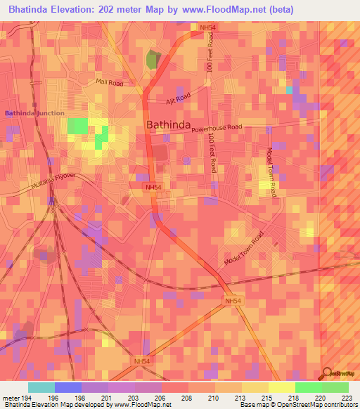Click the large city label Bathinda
click(x=169, y=125)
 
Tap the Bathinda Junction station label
click(x=34, y=113)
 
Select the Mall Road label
click(x=109, y=83)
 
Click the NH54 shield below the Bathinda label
click(x=153, y=188)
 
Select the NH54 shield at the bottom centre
click(x=142, y=361)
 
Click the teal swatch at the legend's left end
click(x=41, y=387)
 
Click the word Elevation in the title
click(x=84, y=9)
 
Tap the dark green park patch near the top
click(x=153, y=60)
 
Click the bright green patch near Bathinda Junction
click(x=78, y=126)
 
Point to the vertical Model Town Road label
click(x=270, y=172)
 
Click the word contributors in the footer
click(x=342, y=405)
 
